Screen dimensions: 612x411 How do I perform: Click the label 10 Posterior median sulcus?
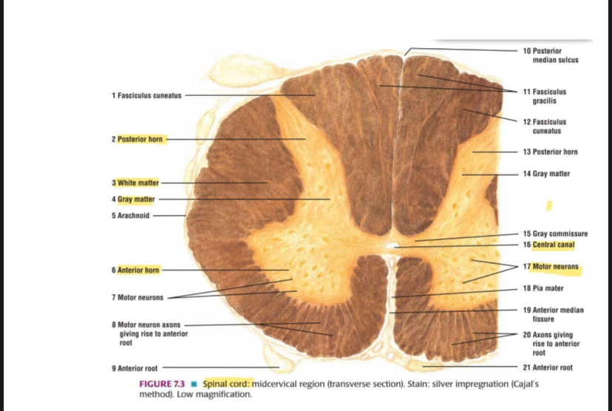[x=551, y=55]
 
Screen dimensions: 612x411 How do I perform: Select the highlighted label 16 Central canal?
[x=548, y=245]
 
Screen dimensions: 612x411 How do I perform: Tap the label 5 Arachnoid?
[x=130, y=215]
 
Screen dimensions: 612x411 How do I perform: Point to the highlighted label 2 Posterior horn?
[x=137, y=140]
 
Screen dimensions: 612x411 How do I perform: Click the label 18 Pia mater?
[x=543, y=288]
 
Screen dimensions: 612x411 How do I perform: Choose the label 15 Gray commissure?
[x=555, y=234]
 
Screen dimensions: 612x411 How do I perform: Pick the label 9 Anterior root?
[x=135, y=368]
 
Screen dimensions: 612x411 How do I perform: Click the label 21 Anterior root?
[x=548, y=367]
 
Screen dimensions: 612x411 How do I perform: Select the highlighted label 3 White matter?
[x=135, y=183]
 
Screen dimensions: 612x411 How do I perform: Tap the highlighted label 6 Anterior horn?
[x=135, y=270]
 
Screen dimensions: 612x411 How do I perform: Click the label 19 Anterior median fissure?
[x=554, y=315]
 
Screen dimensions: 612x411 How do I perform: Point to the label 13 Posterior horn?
[x=551, y=152]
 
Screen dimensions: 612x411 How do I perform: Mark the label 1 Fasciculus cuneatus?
[x=146, y=95]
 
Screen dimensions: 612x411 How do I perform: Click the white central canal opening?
[x=390, y=245]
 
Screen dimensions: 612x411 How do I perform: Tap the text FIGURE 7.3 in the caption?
[x=162, y=384]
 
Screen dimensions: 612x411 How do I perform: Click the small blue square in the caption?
[x=194, y=384]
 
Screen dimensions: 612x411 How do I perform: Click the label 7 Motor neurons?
[x=137, y=297]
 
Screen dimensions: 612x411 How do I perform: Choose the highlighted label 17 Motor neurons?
[x=551, y=267]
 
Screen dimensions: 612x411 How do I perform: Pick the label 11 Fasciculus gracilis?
[x=545, y=96]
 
